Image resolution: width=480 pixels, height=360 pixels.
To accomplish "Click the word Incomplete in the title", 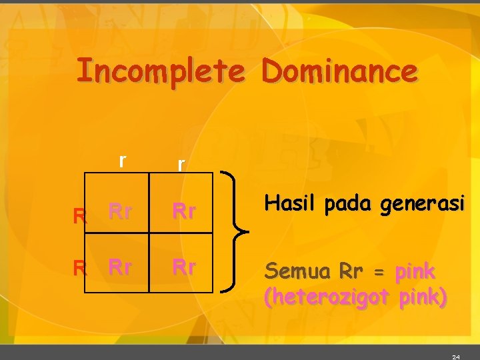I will pyautogui.click(x=159, y=71).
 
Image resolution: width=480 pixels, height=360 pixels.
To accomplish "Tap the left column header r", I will pyautogui.click(x=121, y=161).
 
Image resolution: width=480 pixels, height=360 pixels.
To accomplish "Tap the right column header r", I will pyautogui.click(x=180, y=164).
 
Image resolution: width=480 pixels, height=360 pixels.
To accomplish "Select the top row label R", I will pyautogui.click(x=80, y=215).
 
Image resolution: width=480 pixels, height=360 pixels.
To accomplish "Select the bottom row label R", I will pyautogui.click(x=80, y=269).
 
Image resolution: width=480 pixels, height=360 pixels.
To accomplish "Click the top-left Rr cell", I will pyautogui.click(x=119, y=212).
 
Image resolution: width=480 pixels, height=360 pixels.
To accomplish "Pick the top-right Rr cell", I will pyautogui.click(x=183, y=212).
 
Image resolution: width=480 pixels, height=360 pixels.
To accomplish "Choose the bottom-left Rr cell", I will pyautogui.click(x=119, y=267).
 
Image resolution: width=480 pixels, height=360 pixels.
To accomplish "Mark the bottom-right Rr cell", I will pyautogui.click(x=183, y=267).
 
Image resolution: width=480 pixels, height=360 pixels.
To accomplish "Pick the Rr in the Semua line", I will pyautogui.click(x=351, y=272).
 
